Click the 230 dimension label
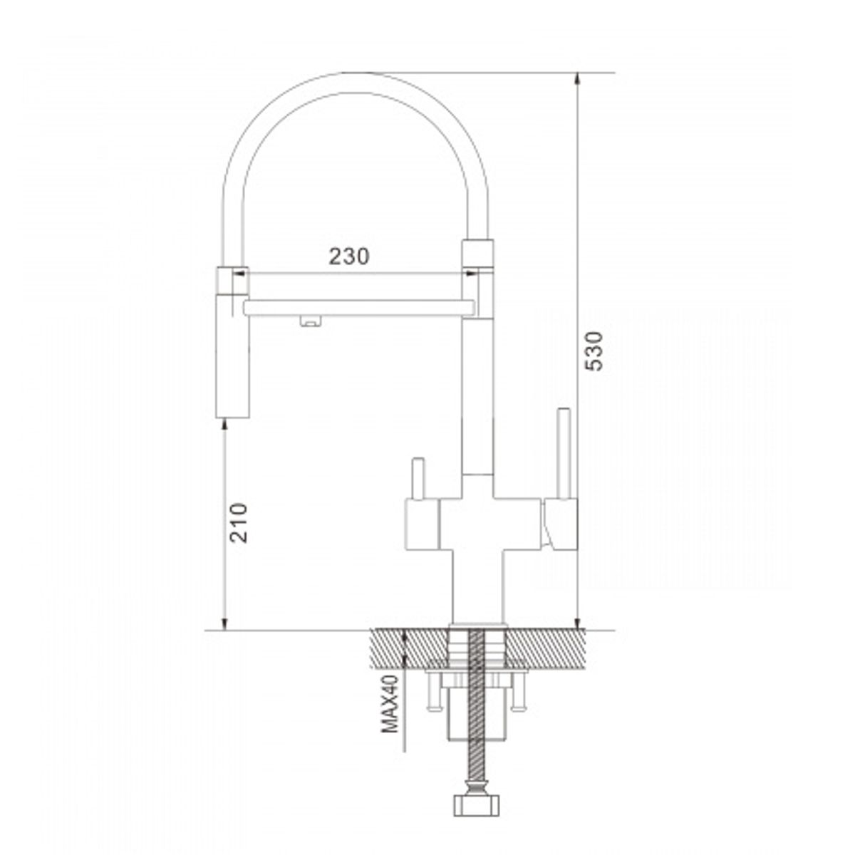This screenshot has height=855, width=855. click(348, 256)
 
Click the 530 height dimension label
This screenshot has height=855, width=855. click(594, 351)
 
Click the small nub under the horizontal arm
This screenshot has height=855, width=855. click(311, 321)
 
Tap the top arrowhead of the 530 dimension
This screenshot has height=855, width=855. click(577, 79)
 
